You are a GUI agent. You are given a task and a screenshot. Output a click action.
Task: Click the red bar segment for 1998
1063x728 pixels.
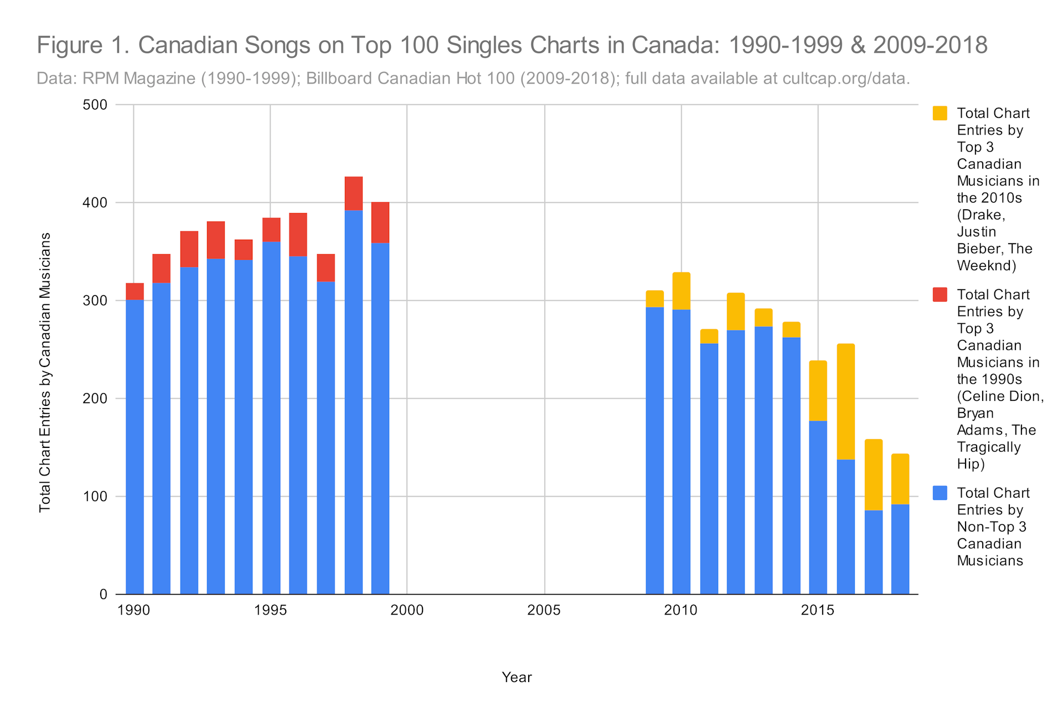353,194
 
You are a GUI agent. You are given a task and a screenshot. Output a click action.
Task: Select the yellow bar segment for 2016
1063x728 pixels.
845,402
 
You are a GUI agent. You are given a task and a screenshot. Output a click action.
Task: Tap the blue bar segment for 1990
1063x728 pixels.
135,447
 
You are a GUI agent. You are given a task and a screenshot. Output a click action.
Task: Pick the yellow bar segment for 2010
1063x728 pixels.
682,291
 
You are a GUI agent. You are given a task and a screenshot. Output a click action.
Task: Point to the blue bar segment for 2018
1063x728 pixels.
900,549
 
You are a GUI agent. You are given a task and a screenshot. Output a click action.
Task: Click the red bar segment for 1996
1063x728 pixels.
298,235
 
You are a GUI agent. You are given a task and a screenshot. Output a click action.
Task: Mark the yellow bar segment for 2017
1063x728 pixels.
873,475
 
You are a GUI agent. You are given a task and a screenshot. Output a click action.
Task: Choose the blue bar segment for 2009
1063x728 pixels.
654,451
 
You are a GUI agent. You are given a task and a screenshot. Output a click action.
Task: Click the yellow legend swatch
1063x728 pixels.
940,113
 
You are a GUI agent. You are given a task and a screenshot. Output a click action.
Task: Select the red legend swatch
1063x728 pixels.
940,295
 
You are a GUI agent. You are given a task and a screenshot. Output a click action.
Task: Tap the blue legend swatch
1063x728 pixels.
940,493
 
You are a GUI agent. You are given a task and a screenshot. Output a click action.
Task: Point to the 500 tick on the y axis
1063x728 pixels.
95,105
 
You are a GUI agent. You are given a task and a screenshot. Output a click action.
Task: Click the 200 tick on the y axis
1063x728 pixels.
95,399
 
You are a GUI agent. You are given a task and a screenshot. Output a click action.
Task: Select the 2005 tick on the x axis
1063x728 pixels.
544,611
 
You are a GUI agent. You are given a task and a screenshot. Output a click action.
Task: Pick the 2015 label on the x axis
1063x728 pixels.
818,611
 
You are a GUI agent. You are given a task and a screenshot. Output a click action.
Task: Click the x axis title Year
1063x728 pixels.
517,677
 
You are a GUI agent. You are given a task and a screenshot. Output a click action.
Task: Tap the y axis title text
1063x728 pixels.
45,373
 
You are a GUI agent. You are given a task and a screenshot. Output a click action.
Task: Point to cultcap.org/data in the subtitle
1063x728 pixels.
846,79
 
